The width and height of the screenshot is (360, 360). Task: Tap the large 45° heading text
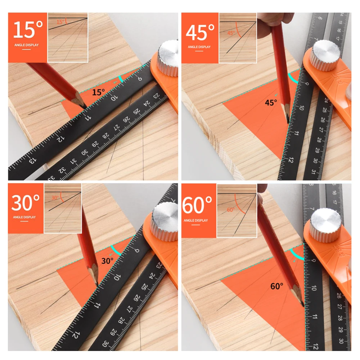coord(201,32)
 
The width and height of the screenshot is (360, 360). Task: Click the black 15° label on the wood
coord(98,93)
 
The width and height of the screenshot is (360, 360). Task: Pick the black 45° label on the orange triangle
coord(271,103)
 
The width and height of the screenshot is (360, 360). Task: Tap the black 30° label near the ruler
coord(107,261)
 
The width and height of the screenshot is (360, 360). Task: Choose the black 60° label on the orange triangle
coord(277,287)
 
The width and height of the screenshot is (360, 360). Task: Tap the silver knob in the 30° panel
coord(165,221)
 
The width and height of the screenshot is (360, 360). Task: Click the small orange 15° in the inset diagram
coord(60,22)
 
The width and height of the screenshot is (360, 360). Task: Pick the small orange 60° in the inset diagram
coord(231,210)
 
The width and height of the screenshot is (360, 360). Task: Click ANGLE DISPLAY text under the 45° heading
coord(199,47)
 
